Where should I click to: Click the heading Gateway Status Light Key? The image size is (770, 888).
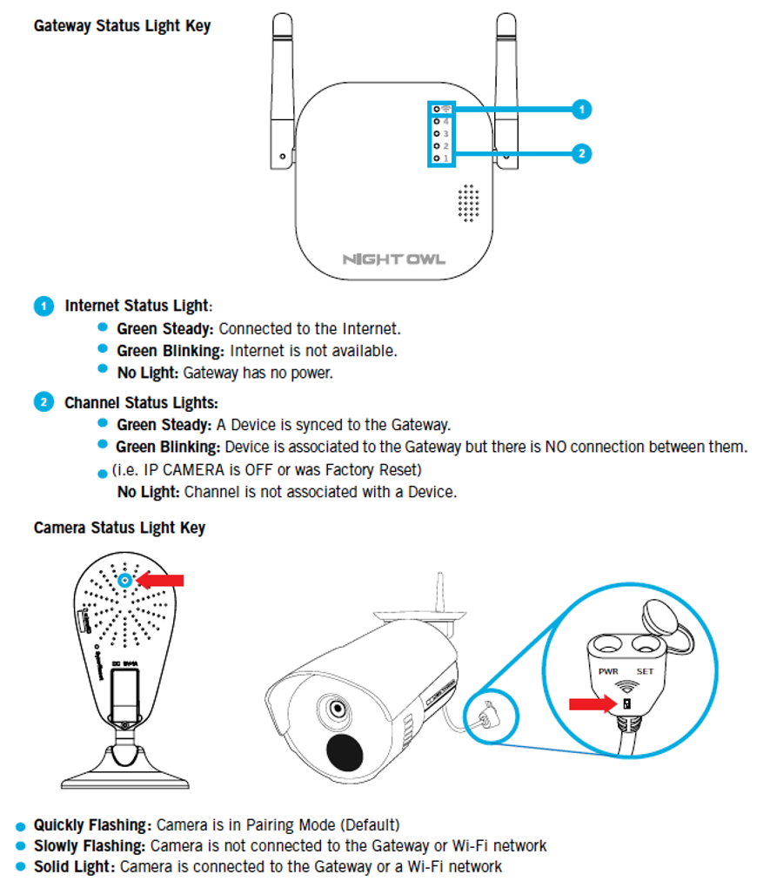tap(122, 25)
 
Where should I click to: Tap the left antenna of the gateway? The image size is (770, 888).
tap(279, 87)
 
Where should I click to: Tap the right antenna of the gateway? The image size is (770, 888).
tap(507, 87)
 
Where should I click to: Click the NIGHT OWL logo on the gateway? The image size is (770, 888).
tap(393, 259)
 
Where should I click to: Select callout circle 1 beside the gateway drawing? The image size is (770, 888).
tap(582, 110)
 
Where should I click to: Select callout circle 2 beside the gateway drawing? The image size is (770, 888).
tap(582, 154)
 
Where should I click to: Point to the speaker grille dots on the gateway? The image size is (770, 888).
tap(470, 203)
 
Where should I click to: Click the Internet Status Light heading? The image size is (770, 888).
tap(137, 306)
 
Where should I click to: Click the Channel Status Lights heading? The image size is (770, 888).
tap(141, 403)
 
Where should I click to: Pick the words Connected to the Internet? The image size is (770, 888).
tap(310, 329)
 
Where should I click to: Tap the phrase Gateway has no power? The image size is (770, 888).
tap(258, 373)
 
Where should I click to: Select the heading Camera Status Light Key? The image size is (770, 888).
tap(119, 528)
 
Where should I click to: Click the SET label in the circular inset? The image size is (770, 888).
tap(645, 671)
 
